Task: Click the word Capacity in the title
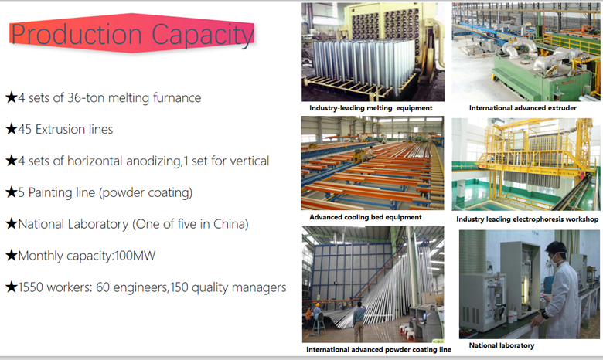coord(203,36)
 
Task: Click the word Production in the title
coord(77,34)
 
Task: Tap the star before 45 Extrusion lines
coord(11,129)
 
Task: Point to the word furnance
coord(177,97)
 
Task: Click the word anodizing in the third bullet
coord(154,161)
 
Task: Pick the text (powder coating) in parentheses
coord(146,192)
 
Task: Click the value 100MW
coord(135,256)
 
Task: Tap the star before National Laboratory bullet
coord(11,223)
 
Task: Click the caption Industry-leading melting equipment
coord(371,108)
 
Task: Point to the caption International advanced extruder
coord(523,108)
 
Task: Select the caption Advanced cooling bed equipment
coord(366,217)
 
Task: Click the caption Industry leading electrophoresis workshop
coord(527,219)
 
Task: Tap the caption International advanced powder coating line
coord(379,349)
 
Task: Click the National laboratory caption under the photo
coord(502,345)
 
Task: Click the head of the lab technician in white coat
coord(557,252)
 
